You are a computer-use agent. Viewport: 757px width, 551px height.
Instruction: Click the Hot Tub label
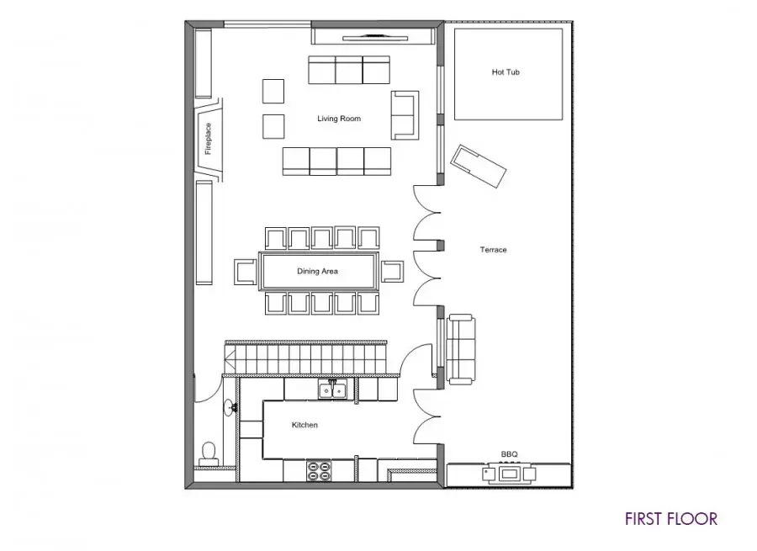point(506,72)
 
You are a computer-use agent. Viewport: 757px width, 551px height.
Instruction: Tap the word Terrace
point(493,250)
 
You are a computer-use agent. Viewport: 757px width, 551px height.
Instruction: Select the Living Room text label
point(339,119)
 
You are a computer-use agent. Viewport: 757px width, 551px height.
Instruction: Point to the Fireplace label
point(208,139)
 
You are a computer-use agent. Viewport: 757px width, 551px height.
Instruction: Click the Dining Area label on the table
point(317,272)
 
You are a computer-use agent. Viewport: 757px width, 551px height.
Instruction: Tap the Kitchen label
point(304,425)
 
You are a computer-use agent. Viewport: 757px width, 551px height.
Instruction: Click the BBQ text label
point(509,454)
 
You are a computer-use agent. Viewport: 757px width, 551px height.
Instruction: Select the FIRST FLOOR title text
point(671,519)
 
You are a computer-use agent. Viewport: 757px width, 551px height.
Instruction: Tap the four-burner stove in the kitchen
point(320,471)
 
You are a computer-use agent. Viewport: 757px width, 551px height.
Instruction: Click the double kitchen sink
point(333,389)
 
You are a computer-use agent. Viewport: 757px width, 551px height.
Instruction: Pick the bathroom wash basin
point(230,408)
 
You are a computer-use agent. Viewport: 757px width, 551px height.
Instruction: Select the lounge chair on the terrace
point(478,166)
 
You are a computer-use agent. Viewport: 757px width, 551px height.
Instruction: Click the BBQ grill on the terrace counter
point(509,473)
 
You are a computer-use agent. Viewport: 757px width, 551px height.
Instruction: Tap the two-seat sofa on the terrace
point(460,348)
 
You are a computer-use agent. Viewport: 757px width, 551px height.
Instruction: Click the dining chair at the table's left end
point(246,272)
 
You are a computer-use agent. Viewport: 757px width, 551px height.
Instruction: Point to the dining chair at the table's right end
point(392,272)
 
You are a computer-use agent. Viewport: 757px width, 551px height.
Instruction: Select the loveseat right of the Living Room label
point(405,115)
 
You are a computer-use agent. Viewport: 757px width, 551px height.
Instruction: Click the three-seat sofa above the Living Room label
point(349,70)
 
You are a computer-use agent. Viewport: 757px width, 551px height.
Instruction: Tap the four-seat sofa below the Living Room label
point(336,162)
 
